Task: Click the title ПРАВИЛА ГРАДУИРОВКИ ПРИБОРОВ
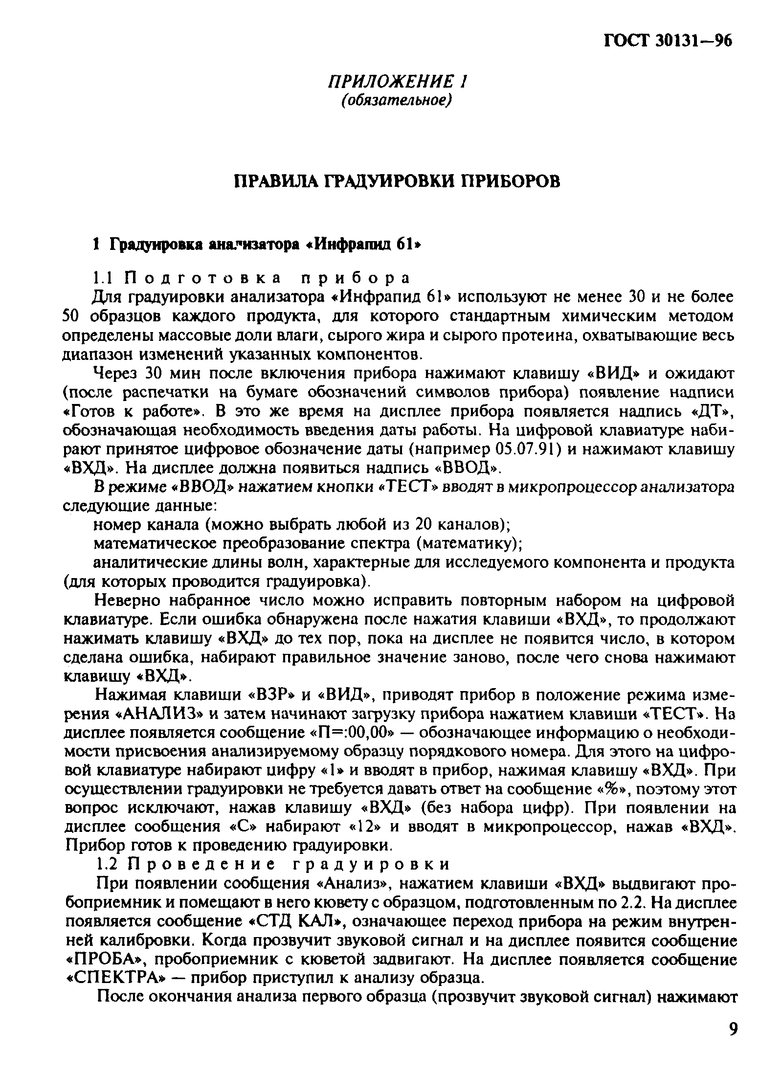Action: [x=397, y=181]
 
